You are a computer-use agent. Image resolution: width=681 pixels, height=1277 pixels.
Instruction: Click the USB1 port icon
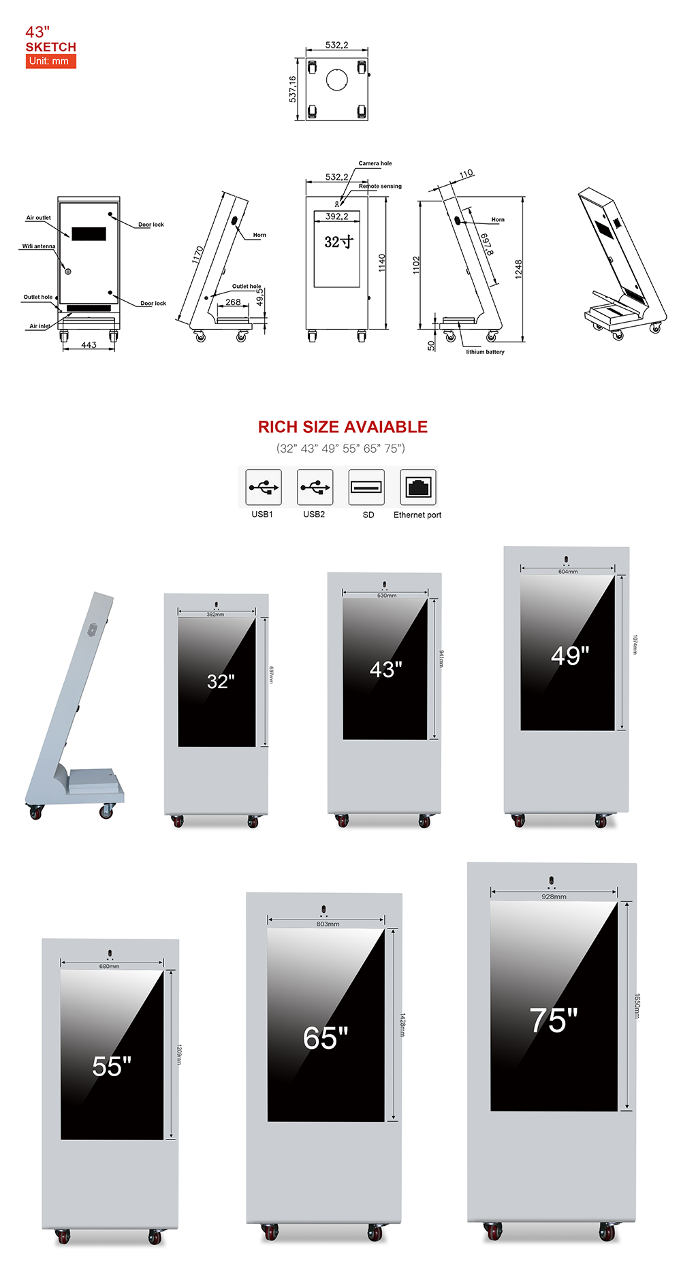(x=264, y=487)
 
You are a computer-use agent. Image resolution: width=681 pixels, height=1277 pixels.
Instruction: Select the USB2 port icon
(x=315, y=487)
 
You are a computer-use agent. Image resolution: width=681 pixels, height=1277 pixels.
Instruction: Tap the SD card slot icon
(x=366, y=487)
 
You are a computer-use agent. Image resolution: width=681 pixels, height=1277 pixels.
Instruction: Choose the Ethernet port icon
(x=418, y=487)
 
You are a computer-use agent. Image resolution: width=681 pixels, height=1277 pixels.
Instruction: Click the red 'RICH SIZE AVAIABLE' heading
(x=343, y=427)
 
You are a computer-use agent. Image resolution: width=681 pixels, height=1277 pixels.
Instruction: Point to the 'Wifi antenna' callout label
(x=39, y=246)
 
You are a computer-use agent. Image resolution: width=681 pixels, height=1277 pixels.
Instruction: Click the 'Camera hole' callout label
(x=375, y=163)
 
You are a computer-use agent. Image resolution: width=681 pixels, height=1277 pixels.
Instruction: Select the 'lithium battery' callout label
(x=485, y=352)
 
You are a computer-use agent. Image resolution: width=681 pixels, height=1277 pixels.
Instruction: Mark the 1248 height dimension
(x=519, y=269)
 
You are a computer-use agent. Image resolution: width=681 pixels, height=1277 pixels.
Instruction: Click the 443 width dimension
(x=89, y=345)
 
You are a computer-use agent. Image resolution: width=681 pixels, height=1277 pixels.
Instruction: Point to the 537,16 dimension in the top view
(x=293, y=89)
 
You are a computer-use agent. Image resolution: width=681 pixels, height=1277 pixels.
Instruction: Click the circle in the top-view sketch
(x=337, y=80)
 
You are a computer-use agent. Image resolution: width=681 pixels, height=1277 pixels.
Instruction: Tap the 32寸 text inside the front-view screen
(x=338, y=242)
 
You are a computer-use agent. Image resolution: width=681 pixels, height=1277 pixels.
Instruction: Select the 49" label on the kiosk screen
(x=570, y=656)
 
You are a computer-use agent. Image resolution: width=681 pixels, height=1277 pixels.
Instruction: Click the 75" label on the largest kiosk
(x=554, y=1020)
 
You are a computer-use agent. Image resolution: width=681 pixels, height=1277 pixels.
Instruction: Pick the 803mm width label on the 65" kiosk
(x=328, y=924)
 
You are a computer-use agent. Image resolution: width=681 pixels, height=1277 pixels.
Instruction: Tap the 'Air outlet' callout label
(x=38, y=218)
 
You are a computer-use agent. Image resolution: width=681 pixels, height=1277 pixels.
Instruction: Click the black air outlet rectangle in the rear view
(x=89, y=233)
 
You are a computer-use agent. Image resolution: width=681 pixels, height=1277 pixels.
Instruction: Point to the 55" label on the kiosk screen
(x=112, y=1066)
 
